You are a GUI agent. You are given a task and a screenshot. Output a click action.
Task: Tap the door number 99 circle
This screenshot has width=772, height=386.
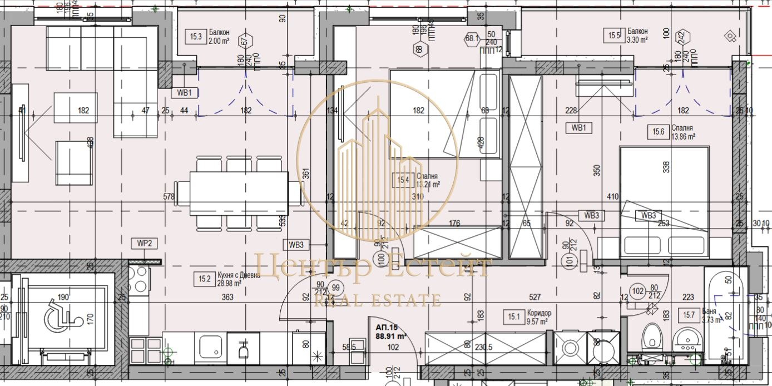(335, 288)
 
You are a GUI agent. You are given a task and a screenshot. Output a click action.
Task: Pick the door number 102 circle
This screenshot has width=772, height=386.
(637, 289)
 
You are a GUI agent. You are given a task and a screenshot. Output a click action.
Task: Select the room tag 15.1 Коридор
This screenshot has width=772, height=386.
(513, 317)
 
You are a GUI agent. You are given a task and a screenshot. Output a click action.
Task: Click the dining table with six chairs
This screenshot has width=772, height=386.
(239, 193)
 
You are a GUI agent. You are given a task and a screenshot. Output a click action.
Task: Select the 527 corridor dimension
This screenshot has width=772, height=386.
(535, 298)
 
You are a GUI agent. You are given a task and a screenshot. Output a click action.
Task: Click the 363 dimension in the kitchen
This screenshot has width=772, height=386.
(227, 298)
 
